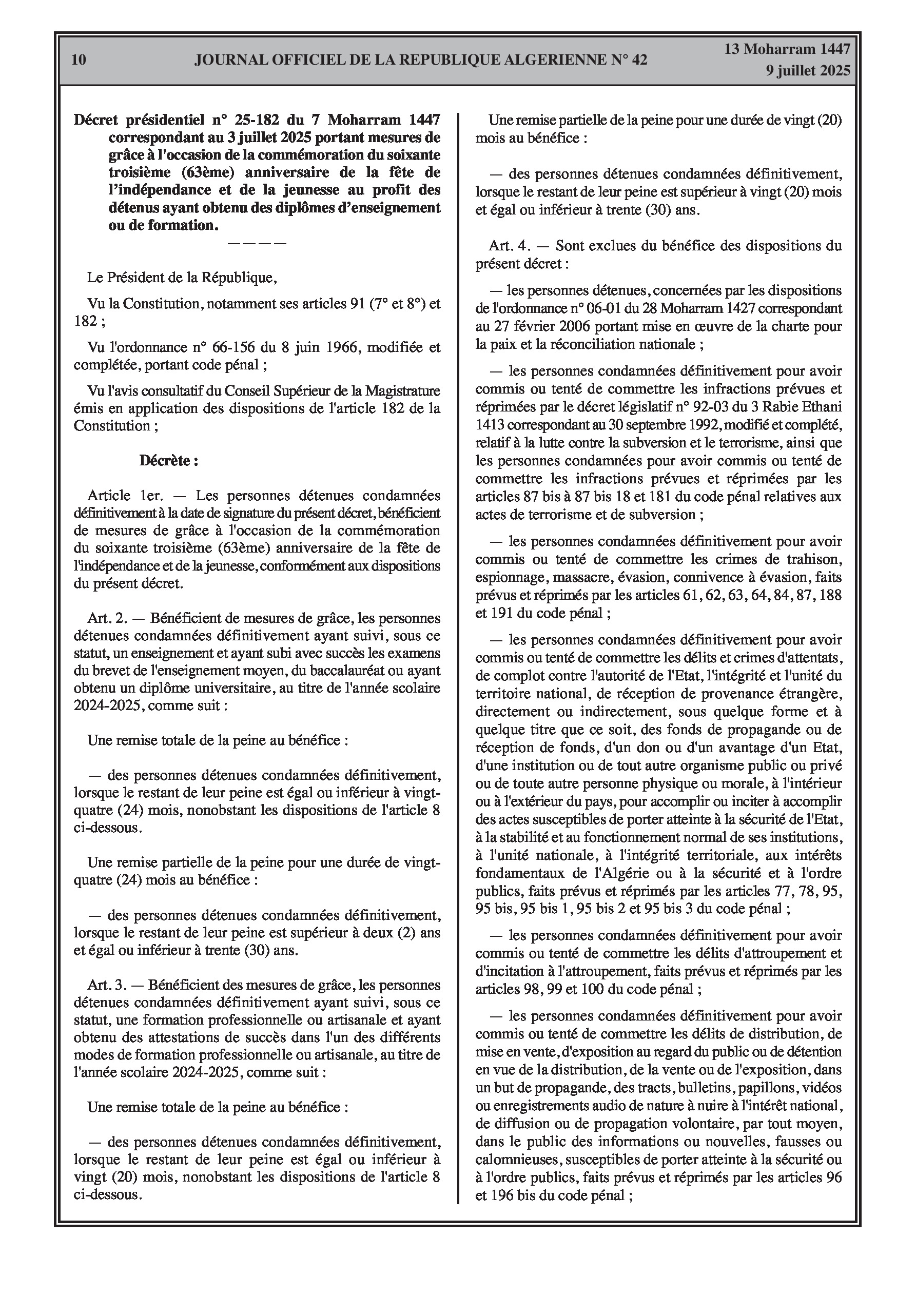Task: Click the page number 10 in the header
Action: [x=79, y=60]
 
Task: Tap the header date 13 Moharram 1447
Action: [x=787, y=49]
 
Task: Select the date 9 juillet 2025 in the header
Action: [x=808, y=71]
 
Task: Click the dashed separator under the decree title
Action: [x=257, y=243]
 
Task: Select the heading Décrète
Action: [x=169, y=461]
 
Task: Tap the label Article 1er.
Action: [x=125, y=496]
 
